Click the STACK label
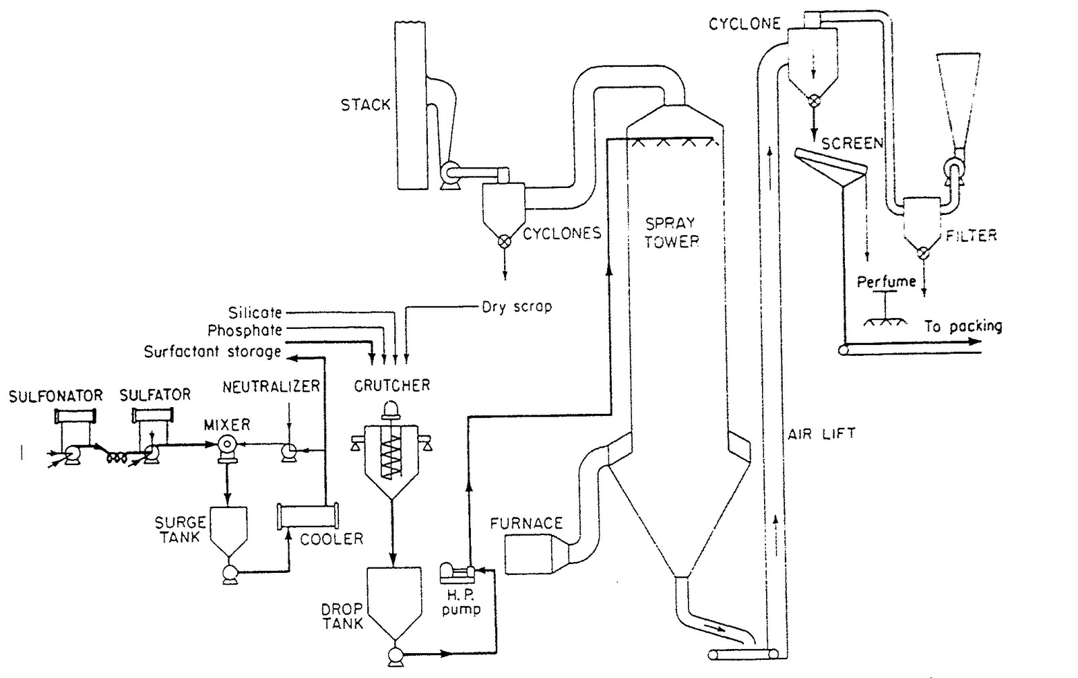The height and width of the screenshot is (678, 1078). click(365, 104)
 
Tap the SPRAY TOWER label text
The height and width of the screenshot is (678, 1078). click(671, 233)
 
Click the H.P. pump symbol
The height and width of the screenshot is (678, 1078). click(456, 574)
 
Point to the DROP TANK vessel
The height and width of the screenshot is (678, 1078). click(393, 600)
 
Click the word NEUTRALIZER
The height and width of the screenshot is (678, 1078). click(271, 386)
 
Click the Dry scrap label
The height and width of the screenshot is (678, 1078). click(516, 307)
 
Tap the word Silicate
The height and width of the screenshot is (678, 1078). click(255, 312)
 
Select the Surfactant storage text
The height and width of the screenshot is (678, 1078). click(212, 352)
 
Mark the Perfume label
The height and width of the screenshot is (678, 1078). click(886, 282)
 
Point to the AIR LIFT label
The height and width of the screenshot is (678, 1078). click(821, 433)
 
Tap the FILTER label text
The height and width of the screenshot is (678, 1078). click(970, 235)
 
